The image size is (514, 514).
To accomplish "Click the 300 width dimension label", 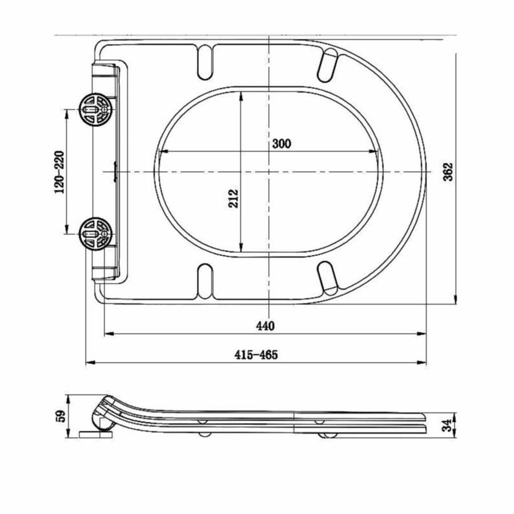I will tap(281, 144).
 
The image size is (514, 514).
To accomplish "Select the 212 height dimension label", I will tap(234, 198).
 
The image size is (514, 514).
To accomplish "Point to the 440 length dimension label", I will tap(265, 326).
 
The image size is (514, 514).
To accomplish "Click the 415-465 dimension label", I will tap(255, 355).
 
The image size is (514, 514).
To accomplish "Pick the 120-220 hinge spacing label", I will tap(59, 172).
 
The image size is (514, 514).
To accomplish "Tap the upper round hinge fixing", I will tap(94, 107).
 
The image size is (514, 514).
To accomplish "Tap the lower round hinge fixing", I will tap(94, 234).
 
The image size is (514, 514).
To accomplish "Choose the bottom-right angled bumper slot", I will tap(328, 276).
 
